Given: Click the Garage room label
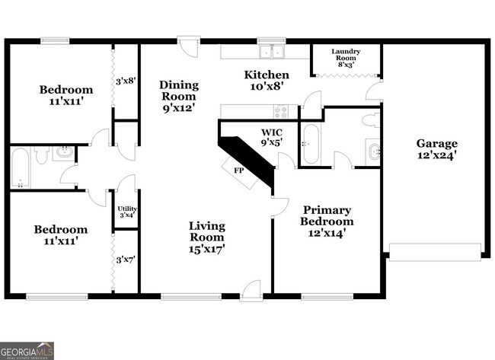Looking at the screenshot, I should click(436, 149).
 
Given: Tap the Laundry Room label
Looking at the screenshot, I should click(346, 57).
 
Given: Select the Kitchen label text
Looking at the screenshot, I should click(266, 80).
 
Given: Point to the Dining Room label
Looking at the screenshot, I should click(178, 96).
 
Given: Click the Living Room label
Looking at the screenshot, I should click(206, 237).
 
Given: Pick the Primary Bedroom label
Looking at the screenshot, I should click(327, 221).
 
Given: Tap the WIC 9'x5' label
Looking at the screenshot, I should click(273, 136).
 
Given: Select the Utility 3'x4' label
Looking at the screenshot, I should click(126, 212).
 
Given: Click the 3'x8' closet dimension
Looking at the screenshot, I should click(126, 80).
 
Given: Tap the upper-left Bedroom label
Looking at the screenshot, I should click(66, 95).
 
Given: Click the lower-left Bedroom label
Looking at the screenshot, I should click(61, 234).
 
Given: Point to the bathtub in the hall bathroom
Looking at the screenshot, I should click(21, 167).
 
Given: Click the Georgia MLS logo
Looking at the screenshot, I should click(27, 350).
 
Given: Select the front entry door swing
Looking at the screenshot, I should click(251, 290).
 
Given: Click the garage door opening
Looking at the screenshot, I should click(435, 251).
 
